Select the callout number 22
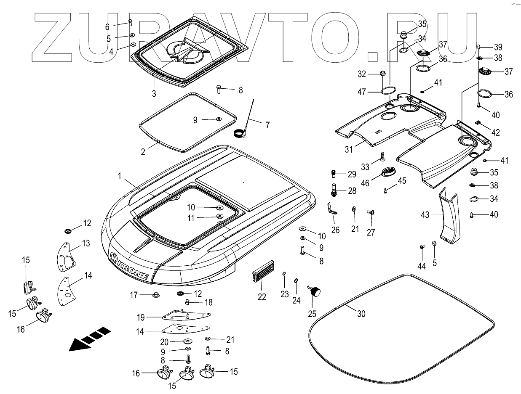tap(262, 296)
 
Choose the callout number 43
tap(425, 215)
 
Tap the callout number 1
tap(119, 176)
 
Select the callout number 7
tap(267, 125)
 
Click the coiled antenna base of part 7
tap(240, 133)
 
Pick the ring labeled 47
tap(389, 91)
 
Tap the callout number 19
tap(140, 317)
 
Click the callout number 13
tap(86, 243)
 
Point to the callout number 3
tap(154, 93)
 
